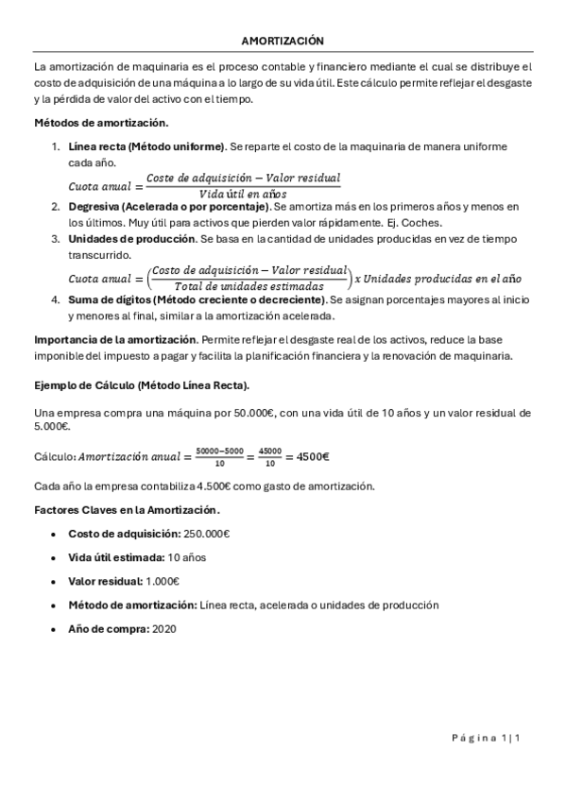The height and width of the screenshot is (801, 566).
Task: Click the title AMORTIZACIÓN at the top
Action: (283, 42)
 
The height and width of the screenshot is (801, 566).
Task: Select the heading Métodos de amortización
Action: (101, 123)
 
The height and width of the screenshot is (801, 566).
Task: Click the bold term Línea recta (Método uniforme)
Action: (146, 146)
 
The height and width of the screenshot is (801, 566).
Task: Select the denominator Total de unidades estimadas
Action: (249, 286)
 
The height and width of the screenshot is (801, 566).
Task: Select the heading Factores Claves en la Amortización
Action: (127, 510)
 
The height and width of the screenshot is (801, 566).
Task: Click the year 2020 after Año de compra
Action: (163, 628)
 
